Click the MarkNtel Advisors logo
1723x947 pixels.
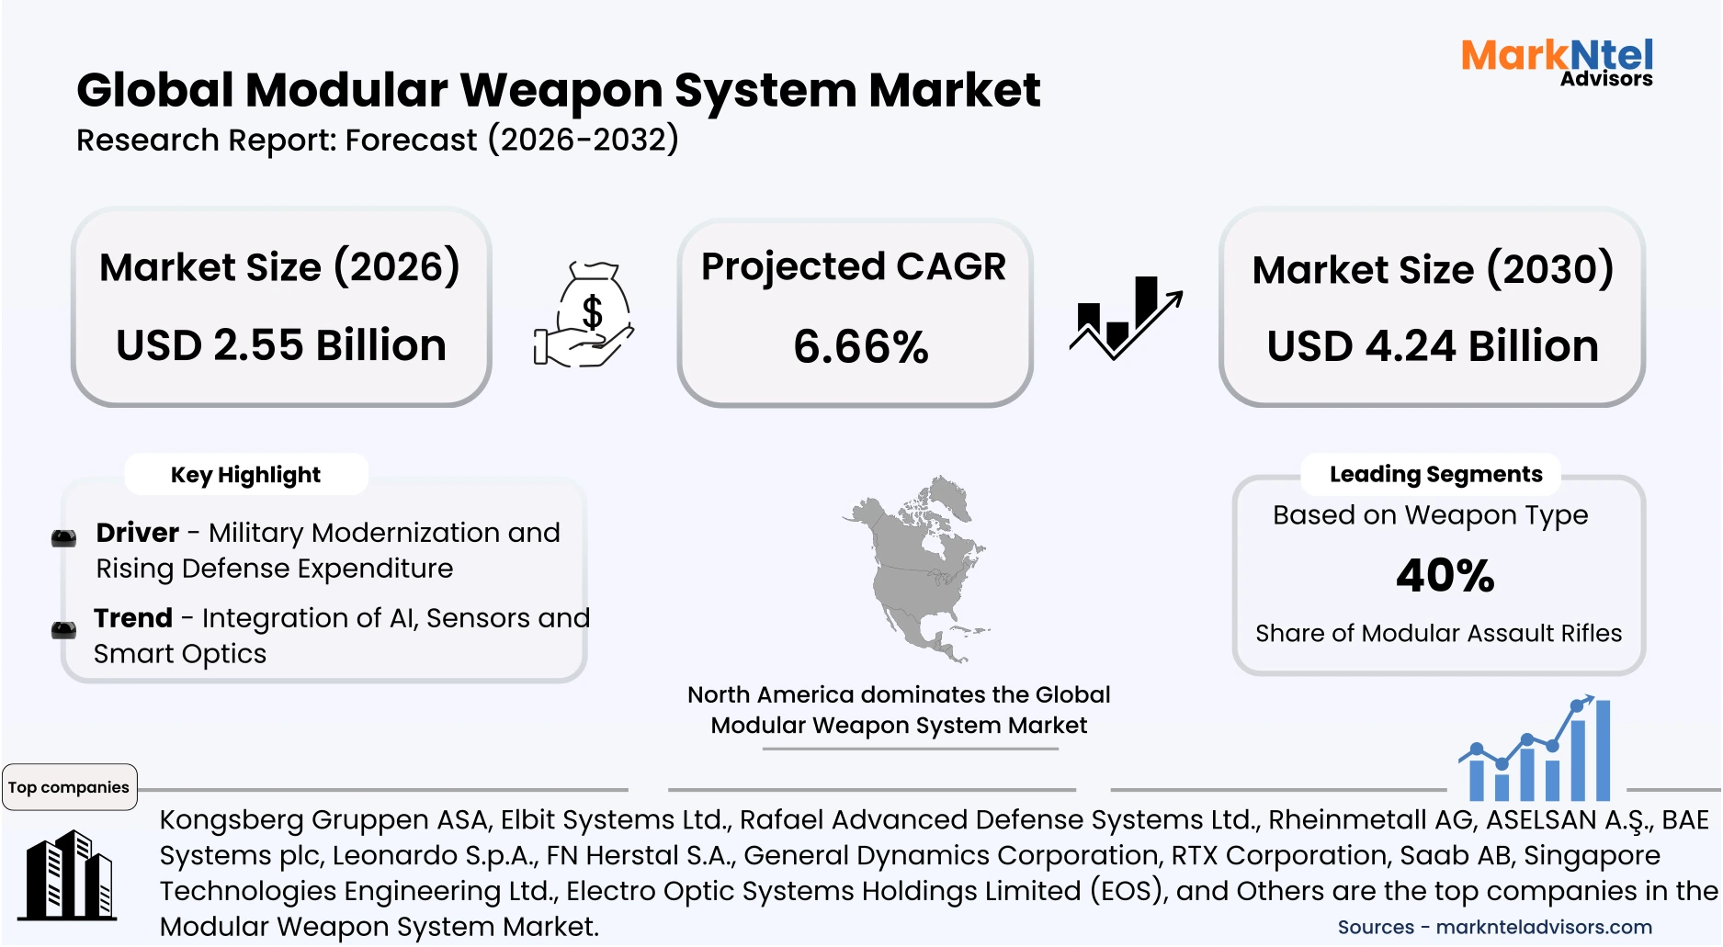[x=1557, y=62]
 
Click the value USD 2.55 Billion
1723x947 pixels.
[x=281, y=345]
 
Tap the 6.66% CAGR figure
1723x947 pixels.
[x=860, y=347]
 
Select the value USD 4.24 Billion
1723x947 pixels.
[x=1432, y=346]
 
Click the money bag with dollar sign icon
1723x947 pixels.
[x=585, y=315]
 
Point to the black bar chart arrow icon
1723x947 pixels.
[x=1125, y=318]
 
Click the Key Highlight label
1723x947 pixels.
[x=245, y=475]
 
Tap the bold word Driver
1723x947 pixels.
[x=138, y=533]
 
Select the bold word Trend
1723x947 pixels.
[x=133, y=618]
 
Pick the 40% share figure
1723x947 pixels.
[x=1445, y=576]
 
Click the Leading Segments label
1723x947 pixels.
[x=1435, y=474]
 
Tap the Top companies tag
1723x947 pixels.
[x=69, y=787]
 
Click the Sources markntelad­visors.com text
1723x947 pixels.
[x=1494, y=927]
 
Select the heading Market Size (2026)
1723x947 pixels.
[x=279, y=267]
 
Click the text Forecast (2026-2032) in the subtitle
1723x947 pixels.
[x=512, y=141]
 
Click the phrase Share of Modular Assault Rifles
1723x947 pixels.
[x=1438, y=633]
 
